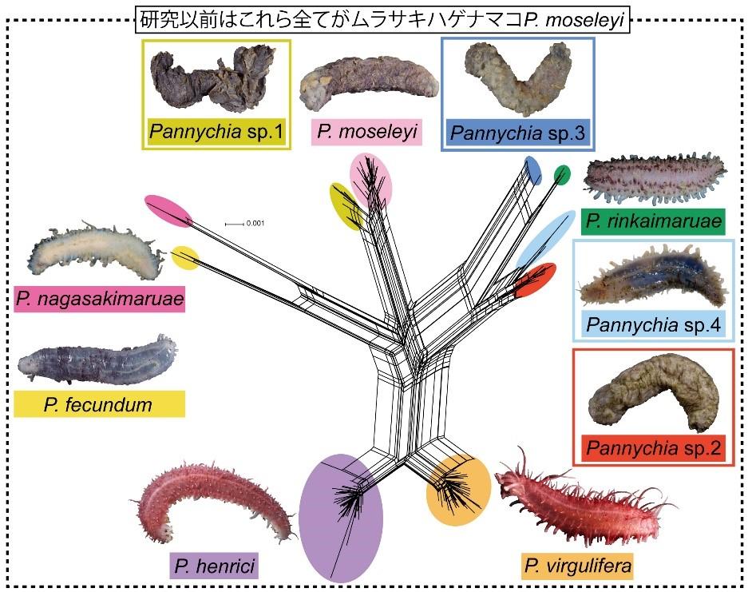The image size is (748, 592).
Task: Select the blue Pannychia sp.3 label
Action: pos(519,131)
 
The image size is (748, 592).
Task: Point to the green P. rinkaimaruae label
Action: pos(653,221)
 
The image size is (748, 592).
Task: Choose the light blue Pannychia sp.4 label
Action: pos(652,324)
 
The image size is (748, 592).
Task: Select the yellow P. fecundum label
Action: pos(99,404)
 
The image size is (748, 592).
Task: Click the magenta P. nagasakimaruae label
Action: pos(99,300)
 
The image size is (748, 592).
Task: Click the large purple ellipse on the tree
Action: pos(341,517)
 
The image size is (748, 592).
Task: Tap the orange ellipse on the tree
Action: pos(457,489)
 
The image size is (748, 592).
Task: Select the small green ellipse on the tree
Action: pos(562,174)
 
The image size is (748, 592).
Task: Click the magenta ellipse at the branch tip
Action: pos(168,209)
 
